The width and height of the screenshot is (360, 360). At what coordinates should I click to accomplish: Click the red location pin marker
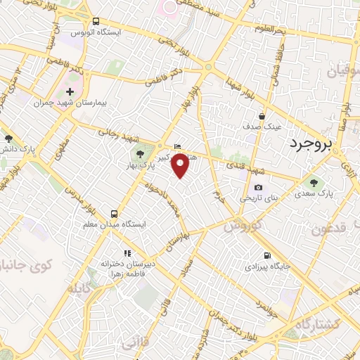pyautogui.click(x=181, y=165)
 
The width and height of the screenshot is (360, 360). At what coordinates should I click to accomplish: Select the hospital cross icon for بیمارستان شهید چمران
pyautogui.click(x=70, y=91)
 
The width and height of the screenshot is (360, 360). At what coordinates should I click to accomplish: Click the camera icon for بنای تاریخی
pyautogui.click(x=259, y=187)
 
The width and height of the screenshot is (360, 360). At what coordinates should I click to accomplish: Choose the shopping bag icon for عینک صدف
pyautogui.click(x=262, y=116)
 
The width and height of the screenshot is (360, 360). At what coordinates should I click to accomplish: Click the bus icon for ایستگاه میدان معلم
pyautogui.click(x=114, y=213)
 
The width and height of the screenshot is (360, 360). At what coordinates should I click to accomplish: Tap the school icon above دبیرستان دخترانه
pyautogui.click(x=127, y=252)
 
